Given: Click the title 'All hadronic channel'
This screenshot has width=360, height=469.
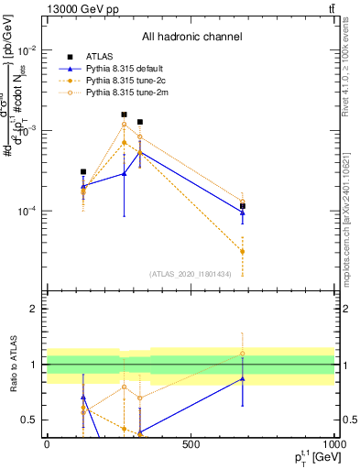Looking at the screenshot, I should pos(192,38).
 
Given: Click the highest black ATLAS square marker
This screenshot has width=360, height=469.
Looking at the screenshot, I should pos(124,115).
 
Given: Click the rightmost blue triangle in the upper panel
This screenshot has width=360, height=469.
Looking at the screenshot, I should pos(243,213).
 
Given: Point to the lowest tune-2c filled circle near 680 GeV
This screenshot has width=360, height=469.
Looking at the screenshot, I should pos(243,251).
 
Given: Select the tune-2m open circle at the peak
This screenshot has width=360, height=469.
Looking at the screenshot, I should pos(124,125).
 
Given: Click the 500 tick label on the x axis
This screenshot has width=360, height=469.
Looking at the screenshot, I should pos(191,444).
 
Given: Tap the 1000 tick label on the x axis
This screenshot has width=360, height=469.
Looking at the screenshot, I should pos(333,444).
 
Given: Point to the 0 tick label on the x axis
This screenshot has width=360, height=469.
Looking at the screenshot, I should pos(47,444).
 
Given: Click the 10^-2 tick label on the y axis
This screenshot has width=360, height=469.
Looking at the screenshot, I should pos(29,49).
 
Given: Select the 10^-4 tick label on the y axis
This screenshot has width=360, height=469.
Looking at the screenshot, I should pos(29,212).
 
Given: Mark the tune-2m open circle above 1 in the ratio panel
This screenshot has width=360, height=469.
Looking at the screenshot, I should pos(243,354).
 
